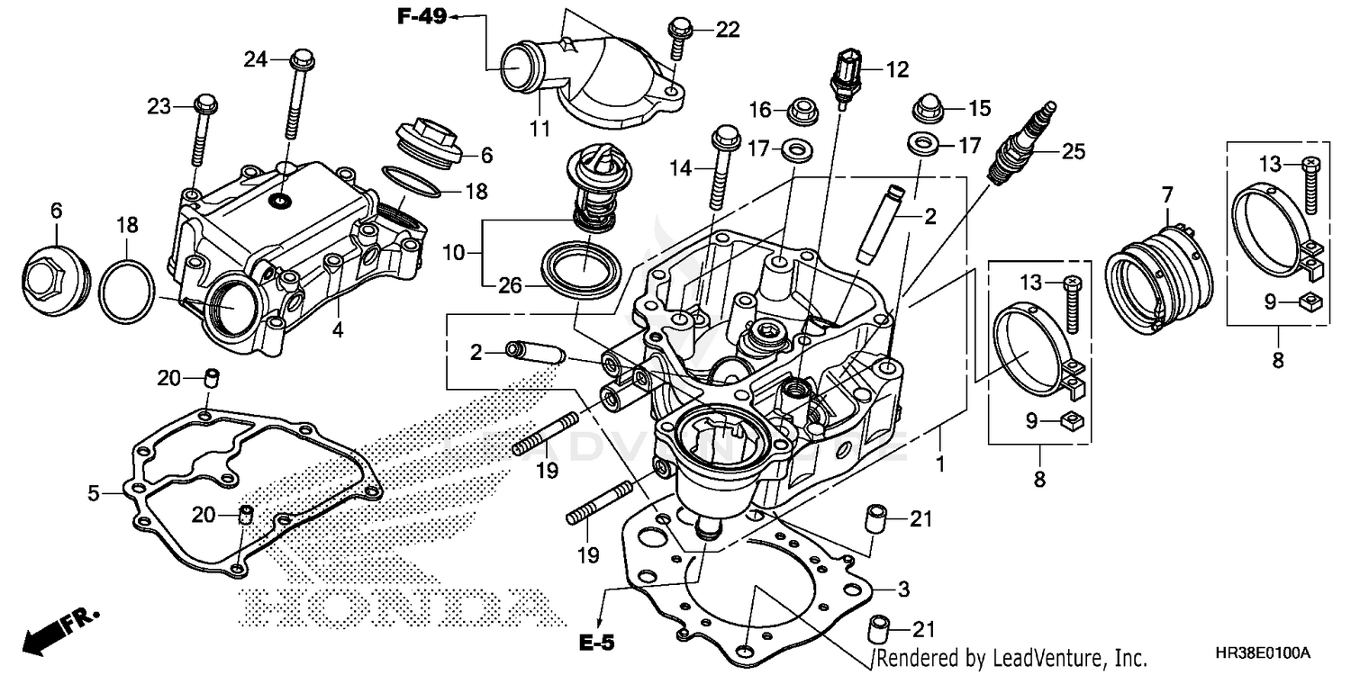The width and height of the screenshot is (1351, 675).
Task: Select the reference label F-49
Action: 422,15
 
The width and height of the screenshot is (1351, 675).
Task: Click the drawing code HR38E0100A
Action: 1269,652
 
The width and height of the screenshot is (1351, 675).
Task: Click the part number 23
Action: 159,107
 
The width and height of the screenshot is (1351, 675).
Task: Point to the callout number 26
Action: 510,284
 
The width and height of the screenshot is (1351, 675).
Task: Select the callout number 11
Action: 539,129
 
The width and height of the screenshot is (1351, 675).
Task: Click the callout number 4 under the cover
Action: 337,329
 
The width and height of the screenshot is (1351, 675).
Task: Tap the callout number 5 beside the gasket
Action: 94,492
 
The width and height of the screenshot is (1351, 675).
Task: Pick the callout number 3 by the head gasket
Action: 903,589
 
